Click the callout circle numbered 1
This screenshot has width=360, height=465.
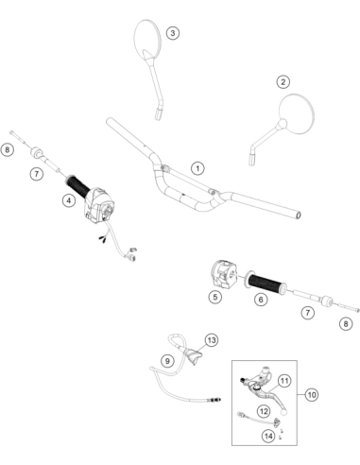(x=197, y=168)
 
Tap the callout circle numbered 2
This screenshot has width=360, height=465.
(x=283, y=82)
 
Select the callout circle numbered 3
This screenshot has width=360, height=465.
(x=173, y=33)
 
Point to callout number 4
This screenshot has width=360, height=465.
(x=69, y=200)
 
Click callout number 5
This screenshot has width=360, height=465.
(x=215, y=297)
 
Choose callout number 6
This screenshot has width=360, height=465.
(x=261, y=300)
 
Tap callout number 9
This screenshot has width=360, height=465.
(x=167, y=361)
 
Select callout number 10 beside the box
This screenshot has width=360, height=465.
(x=312, y=394)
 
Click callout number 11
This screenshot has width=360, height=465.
(x=284, y=381)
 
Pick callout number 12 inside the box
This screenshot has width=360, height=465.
(x=264, y=411)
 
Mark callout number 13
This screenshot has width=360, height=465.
(x=212, y=340)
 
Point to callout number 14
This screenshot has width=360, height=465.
(x=268, y=436)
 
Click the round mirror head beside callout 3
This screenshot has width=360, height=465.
(x=147, y=40)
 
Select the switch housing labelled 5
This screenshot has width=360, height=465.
(x=223, y=273)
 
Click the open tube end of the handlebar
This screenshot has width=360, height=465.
(x=298, y=215)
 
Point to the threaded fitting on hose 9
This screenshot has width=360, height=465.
(x=215, y=400)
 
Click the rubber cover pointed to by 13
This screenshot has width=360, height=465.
(x=194, y=356)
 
